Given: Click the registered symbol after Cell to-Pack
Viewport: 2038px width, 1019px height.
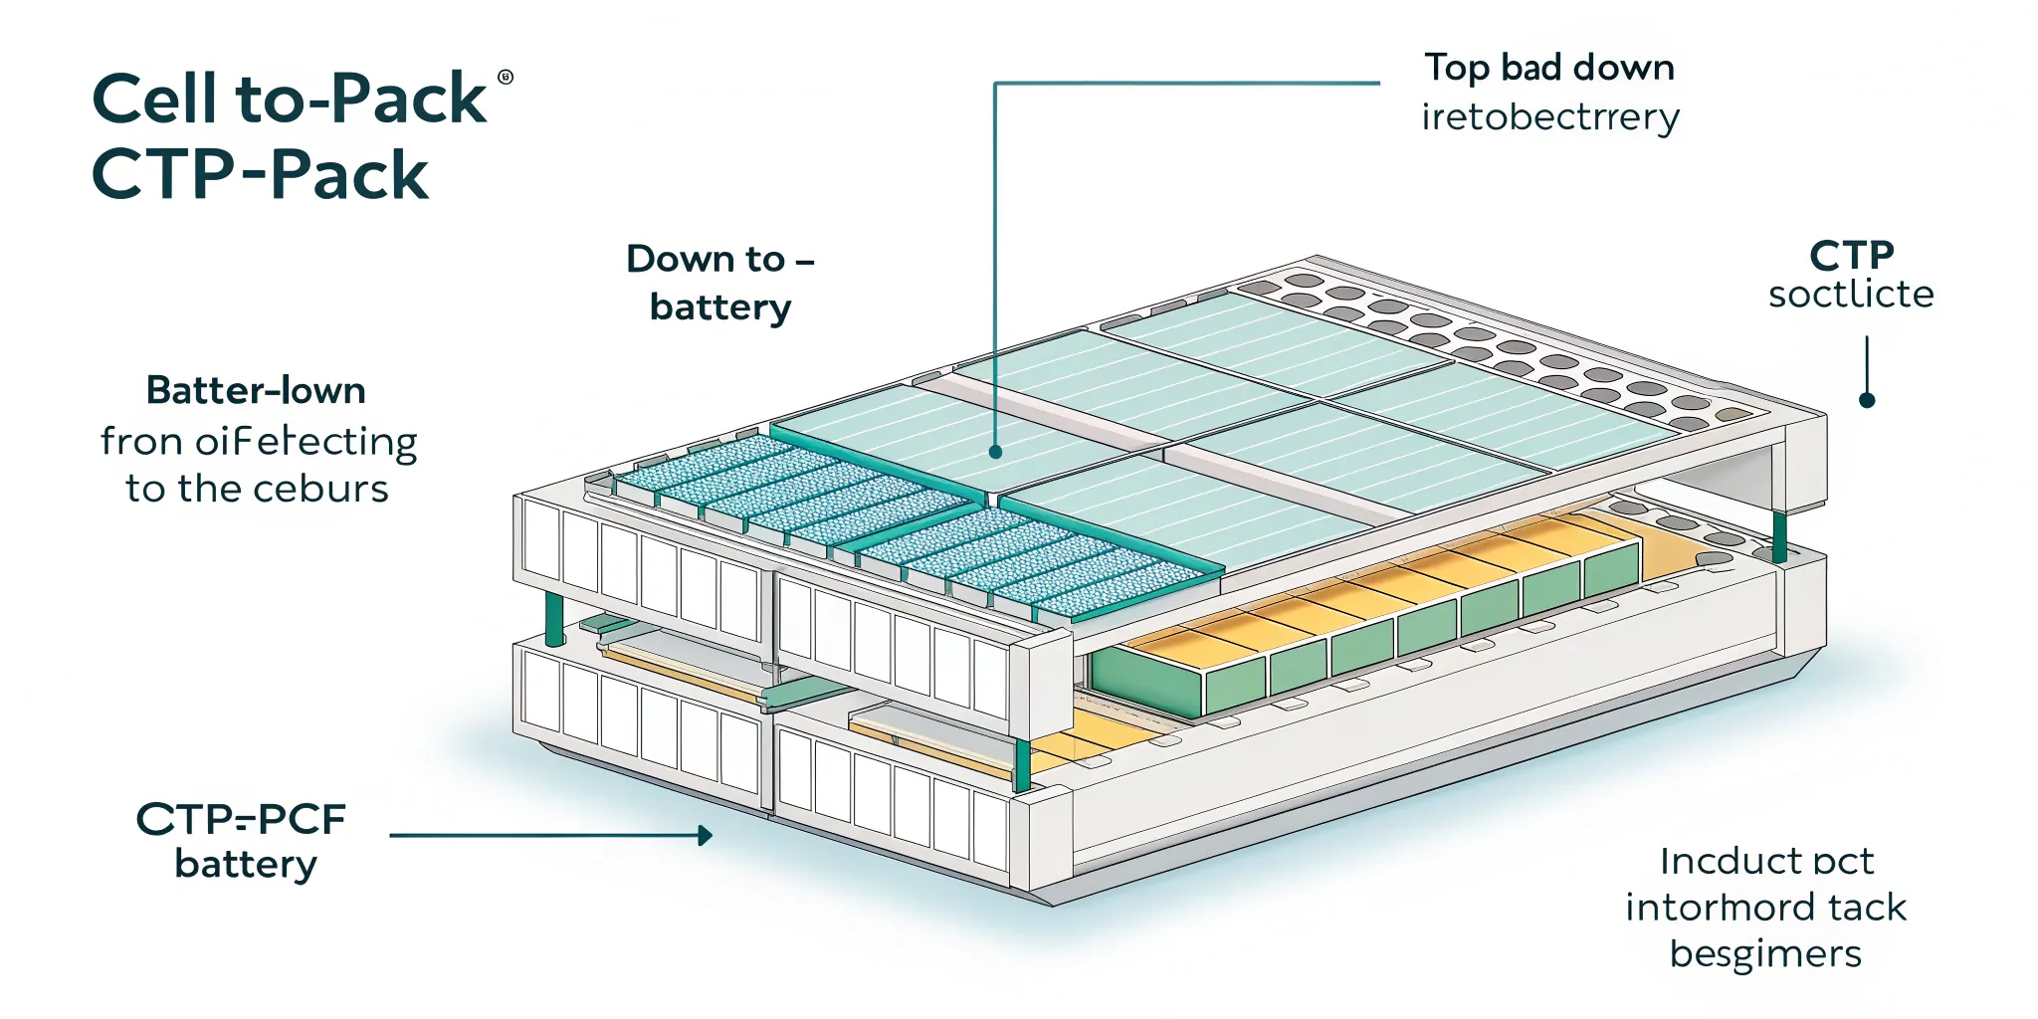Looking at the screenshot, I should point(505,78).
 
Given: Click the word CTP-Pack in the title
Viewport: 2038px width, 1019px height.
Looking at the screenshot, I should point(260,175).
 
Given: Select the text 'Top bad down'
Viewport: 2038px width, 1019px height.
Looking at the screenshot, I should point(1549,68).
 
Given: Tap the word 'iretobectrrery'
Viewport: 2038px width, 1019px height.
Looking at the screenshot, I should point(1549,117).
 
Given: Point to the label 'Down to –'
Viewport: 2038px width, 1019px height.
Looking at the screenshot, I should point(719,259).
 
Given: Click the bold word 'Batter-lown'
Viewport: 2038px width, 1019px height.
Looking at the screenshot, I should point(256,390).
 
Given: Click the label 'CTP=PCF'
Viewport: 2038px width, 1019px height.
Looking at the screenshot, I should point(241,819).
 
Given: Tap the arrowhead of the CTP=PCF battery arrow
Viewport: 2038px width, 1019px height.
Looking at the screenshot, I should point(706,835).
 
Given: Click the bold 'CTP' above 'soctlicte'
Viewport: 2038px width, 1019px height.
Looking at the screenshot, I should point(1851,256).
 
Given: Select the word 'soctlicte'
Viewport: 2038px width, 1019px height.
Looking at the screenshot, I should point(1851,295).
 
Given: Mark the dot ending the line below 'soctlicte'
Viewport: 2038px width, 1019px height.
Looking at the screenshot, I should point(1867,400).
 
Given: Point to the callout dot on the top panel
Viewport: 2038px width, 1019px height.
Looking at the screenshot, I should point(995,452).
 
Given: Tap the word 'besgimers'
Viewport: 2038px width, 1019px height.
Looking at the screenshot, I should point(1765,953).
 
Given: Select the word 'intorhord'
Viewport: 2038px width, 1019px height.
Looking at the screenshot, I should point(1704,908).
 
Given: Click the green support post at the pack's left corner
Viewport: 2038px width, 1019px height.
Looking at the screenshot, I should point(554,619).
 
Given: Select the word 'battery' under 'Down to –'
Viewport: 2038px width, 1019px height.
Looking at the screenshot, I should point(719,306).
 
